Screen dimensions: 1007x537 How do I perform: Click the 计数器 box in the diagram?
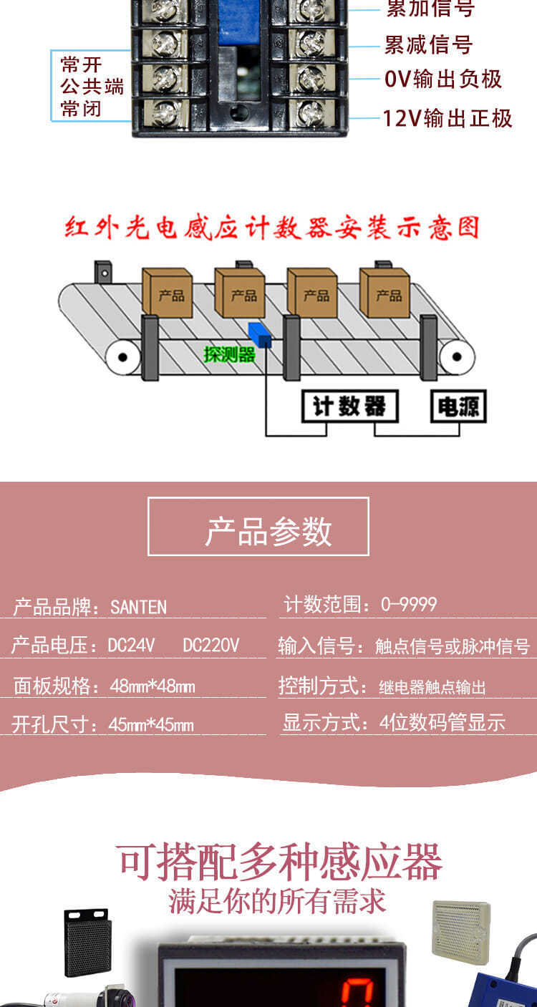(349, 407)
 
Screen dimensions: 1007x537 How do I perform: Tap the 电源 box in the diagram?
(458, 407)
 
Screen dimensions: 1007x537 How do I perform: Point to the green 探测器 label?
(229, 354)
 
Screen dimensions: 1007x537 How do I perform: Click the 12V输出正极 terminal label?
(447, 118)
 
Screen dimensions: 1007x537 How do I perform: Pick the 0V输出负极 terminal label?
(443, 79)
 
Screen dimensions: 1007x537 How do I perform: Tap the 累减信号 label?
(428, 44)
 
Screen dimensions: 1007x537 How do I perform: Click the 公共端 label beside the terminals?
(92, 87)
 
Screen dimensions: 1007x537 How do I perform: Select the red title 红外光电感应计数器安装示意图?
(271, 228)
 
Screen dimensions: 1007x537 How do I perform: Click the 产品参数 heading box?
(258, 527)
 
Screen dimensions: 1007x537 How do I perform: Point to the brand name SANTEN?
(138, 608)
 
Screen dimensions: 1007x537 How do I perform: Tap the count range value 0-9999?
(409, 605)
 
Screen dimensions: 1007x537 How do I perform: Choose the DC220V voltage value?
(211, 646)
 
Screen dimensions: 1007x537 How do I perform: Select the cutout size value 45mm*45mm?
(151, 725)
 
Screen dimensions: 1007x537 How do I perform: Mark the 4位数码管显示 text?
(442, 723)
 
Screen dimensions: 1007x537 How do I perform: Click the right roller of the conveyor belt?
(457, 356)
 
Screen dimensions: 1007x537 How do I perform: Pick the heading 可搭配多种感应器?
(280, 862)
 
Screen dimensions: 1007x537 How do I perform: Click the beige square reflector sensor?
(461, 932)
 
